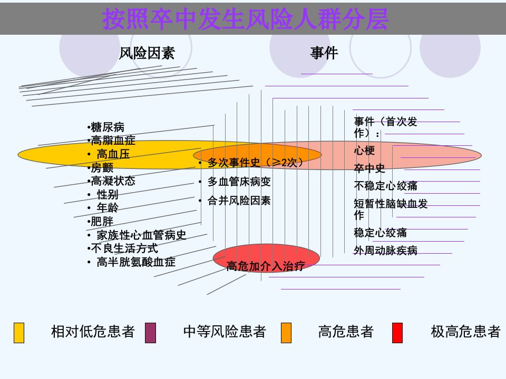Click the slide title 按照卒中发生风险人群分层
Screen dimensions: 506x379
245,19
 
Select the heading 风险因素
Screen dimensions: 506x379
147,53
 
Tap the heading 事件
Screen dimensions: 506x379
324,53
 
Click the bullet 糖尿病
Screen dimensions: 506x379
108,127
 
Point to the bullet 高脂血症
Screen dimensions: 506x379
113,141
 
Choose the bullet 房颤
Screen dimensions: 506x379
102,167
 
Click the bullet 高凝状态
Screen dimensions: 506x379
113,181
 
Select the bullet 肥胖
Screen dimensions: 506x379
102,222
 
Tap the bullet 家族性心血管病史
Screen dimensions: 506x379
141,235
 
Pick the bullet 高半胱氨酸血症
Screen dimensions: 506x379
136,262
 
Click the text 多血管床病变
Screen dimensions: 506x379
239,182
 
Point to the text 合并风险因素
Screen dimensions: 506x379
239,201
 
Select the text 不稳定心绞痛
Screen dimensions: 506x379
386,186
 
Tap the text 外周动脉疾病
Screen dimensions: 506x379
386,251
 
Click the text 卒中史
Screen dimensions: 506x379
369,168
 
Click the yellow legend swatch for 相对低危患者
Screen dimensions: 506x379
19,333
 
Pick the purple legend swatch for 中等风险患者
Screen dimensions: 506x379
151,333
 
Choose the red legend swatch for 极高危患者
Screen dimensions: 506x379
397,333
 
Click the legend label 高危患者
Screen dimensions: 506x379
346,332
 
